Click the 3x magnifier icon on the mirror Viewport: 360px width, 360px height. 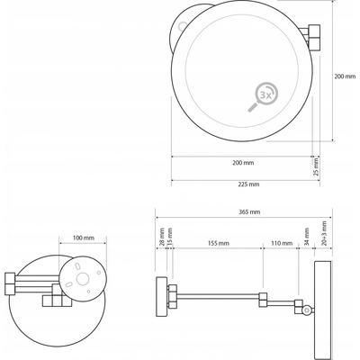pyautogui.click(x=263, y=97)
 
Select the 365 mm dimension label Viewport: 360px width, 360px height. pyautogui.click(x=249, y=212)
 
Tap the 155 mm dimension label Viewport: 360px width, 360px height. pyautogui.click(x=219, y=243)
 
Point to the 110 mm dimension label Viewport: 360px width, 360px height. pyautogui.click(x=282, y=243)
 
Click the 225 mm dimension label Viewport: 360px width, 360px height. pyautogui.click(x=249, y=184)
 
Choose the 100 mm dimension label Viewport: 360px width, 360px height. pyautogui.click(x=83, y=238)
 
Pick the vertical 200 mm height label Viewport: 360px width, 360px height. pyautogui.click(x=345, y=76)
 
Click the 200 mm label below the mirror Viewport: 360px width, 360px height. pyautogui.click(x=243, y=163)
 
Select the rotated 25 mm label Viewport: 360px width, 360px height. pyautogui.click(x=316, y=167)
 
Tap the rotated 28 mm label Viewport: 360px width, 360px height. pyautogui.click(x=161, y=238)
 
